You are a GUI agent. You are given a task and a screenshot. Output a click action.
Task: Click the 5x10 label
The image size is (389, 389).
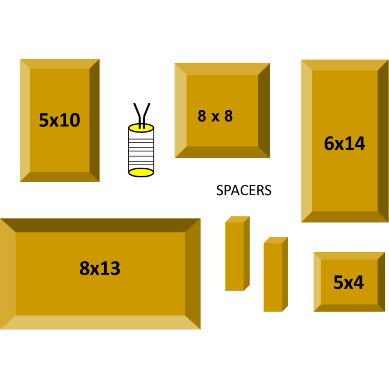point(60,121)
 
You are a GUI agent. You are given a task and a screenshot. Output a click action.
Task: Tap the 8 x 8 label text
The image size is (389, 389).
point(215,116)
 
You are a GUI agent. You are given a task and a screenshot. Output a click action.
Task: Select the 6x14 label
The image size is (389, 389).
point(345,144)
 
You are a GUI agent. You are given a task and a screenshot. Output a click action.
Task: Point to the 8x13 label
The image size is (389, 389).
point(100,268)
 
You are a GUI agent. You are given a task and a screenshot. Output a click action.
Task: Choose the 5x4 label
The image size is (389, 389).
point(349,283)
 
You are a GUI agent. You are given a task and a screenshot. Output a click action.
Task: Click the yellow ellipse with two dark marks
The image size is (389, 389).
point(141,128)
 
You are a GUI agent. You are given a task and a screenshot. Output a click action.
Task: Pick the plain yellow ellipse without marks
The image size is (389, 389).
point(141,172)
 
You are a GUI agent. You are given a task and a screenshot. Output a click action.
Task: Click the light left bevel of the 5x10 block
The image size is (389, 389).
point(25,121)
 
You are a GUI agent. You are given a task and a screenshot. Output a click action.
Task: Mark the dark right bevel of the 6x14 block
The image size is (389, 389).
point(383,141)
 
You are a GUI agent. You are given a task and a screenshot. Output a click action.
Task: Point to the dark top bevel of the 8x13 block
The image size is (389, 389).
point(100,225)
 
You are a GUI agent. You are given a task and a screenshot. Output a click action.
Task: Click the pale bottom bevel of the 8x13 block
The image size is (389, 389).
point(100,323)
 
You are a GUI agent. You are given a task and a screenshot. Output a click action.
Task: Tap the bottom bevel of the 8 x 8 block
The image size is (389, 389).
point(222,152)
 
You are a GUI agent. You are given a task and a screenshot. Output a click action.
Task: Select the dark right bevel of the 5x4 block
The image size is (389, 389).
point(382,282)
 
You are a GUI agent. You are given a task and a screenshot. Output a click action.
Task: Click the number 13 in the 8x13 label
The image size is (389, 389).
point(110,268)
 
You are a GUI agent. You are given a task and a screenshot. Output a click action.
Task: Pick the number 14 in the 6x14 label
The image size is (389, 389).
point(355,144)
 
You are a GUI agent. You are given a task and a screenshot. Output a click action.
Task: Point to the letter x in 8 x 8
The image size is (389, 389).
point(215,117)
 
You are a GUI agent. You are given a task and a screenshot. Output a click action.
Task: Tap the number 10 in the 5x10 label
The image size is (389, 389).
point(70,121)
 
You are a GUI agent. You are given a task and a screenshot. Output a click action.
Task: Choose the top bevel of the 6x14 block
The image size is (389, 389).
point(345,65)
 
